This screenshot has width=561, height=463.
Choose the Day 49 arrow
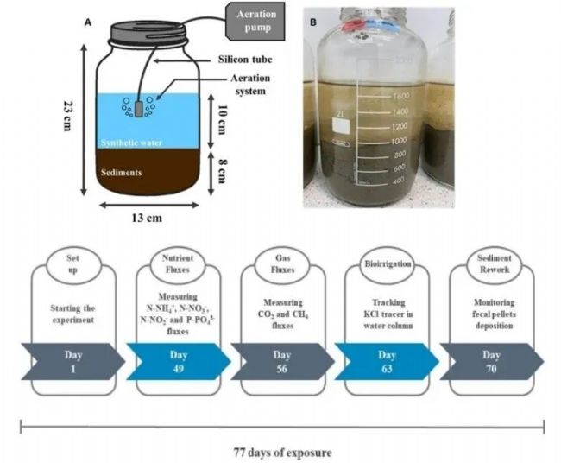177,360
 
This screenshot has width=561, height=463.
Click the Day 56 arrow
281,360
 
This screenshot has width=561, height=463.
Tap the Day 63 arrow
387,360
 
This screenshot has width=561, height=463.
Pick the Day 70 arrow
490,360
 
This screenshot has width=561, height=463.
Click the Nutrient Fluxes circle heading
176,264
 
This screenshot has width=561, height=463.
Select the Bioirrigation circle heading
386,263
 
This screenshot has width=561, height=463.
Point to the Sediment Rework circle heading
490,263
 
